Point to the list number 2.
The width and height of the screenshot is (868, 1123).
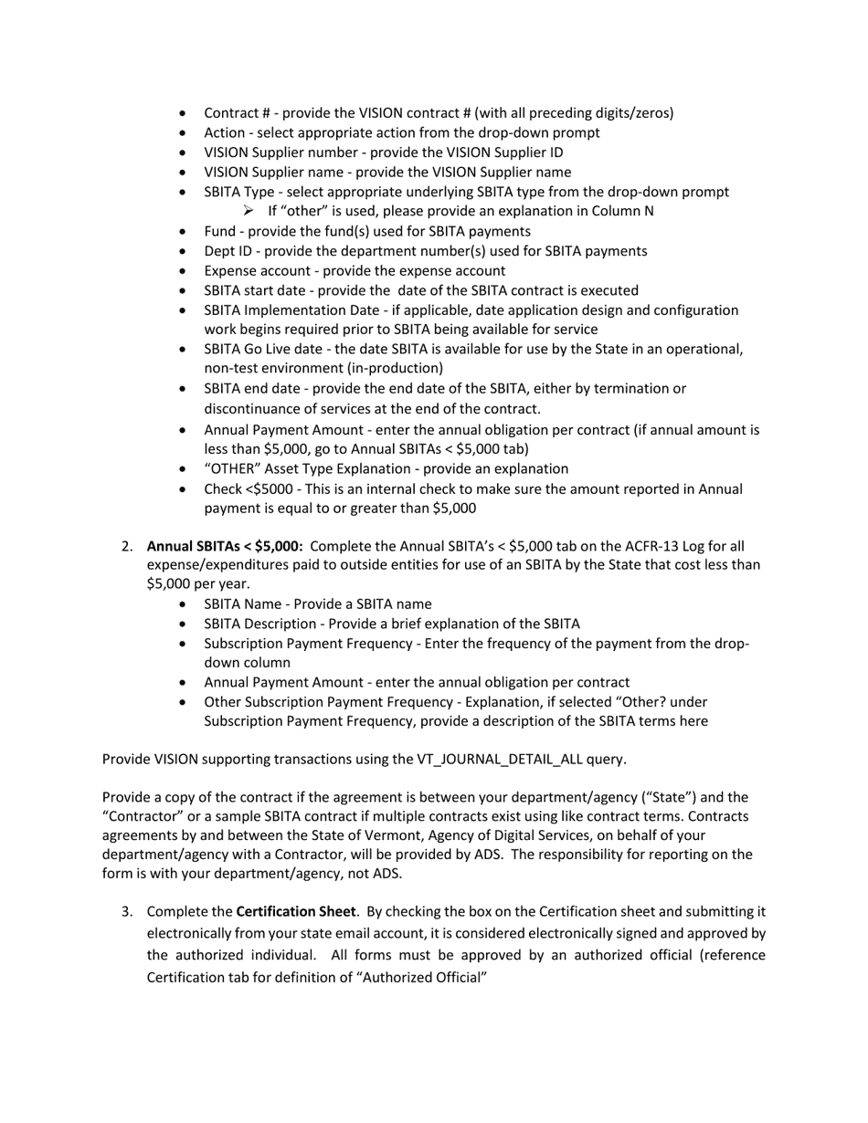click(126, 546)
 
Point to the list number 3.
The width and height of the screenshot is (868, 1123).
click(126, 911)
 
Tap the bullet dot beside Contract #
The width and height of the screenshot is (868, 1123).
click(185, 113)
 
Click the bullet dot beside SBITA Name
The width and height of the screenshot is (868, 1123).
click(185, 604)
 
